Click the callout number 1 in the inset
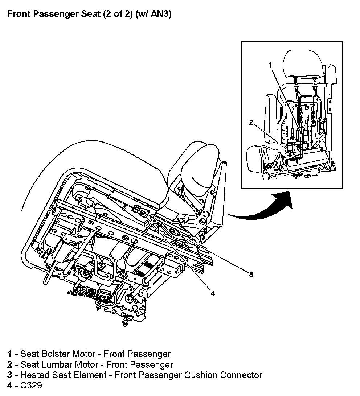(x=270, y=65)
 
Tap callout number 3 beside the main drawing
(x=250, y=274)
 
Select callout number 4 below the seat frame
(x=213, y=293)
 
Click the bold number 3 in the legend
(x=9, y=375)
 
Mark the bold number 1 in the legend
(x=9, y=354)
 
